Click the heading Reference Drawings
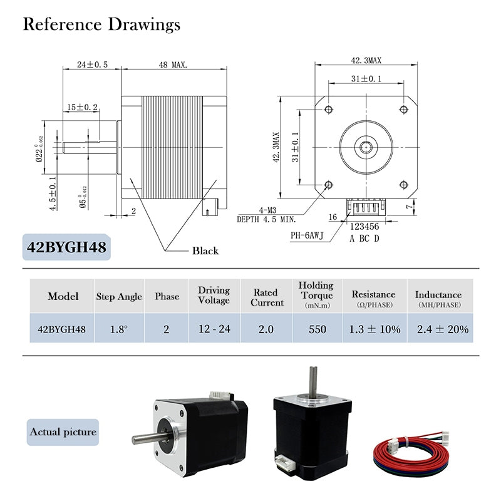[x=101, y=24]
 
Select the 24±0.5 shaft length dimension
[x=92, y=65]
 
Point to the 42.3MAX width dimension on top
[x=366, y=61]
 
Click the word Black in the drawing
[x=205, y=250]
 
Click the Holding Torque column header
[x=316, y=295]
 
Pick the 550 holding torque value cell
[x=317, y=329]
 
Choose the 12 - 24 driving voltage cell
[x=214, y=329]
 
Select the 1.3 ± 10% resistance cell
[x=373, y=329]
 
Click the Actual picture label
[x=63, y=431]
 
